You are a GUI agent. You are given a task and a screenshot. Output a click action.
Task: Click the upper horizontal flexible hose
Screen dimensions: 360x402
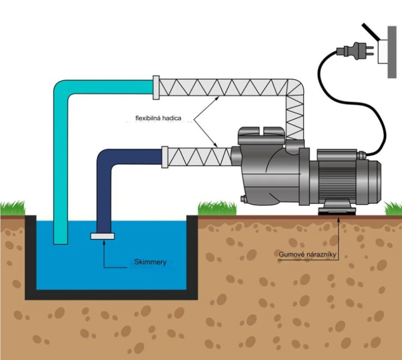222,86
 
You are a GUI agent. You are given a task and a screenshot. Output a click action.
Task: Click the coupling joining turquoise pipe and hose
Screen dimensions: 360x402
156,87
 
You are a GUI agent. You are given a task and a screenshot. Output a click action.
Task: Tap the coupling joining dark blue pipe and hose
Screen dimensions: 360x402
165,157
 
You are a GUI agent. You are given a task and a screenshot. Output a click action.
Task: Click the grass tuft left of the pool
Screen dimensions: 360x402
11,209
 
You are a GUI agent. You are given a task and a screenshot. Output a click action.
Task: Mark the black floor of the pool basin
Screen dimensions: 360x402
111,294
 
